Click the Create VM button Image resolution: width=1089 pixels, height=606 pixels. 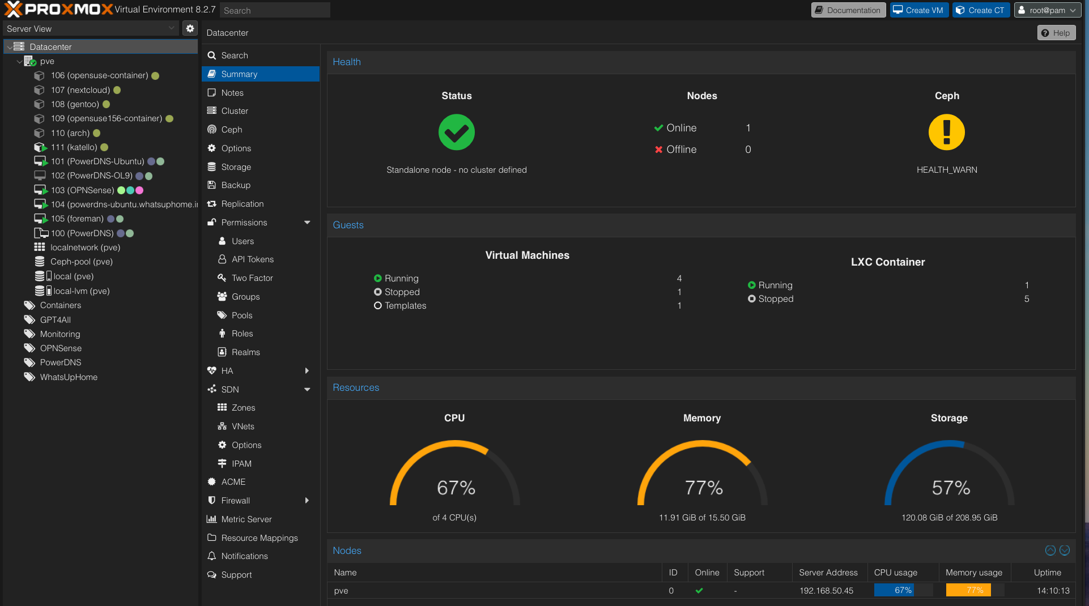coord(919,10)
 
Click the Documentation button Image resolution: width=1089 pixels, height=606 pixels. coord(848,10)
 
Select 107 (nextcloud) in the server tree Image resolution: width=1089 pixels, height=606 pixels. coord(80,90)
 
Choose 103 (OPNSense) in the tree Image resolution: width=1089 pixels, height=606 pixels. coord(82,190)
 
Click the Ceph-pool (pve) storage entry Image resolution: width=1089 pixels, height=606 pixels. coord(81,262)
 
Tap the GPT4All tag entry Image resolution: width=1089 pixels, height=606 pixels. coord(55,320)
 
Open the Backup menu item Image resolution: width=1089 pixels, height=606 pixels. coord(236,185)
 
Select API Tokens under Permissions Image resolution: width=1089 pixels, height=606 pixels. coord(252,259)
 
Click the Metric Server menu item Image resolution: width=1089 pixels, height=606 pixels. coord(246,519)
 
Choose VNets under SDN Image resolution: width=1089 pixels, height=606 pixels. coord(243,426)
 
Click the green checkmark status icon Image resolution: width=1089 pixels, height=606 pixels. coord(456,133)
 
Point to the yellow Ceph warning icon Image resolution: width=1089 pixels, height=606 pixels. coord(946,133)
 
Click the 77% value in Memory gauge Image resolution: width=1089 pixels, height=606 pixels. coord(703,488)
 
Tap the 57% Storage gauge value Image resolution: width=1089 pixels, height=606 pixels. coord(951,488)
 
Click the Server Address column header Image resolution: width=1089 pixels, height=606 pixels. coord(828,573)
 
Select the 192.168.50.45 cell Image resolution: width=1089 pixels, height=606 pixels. coord(826,591)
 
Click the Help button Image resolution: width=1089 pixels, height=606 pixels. coord(1056,33)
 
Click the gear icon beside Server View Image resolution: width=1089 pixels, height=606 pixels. coord(190,28)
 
